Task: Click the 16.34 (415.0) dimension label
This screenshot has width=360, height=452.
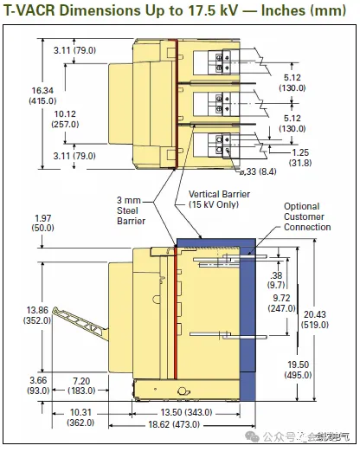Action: click(x=42, y=96)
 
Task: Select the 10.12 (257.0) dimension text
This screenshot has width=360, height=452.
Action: click(x=65, y=119)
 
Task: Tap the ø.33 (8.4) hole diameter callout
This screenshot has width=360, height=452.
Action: click(x=258, y=171)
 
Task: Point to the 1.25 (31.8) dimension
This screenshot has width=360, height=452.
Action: click(x=300, y=158)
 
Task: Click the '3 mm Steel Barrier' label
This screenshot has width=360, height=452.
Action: click(x=131, y=210)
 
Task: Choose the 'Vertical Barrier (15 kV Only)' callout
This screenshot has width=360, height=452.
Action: click(x=219, y=199)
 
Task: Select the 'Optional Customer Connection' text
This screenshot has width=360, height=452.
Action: click(x=307, y=216)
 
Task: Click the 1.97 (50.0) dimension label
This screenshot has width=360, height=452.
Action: click(x=42, y=223)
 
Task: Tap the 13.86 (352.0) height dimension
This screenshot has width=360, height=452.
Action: click(x=37, y=315)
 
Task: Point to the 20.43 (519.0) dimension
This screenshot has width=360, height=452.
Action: click(x=315, y=320)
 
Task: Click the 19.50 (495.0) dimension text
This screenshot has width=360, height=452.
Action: click(x=299, y=370)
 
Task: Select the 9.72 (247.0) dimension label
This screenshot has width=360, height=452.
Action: click(x=281, y=303)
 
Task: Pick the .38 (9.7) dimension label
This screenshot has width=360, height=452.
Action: click(x=276, y=281)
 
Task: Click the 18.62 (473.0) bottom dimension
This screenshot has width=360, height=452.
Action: click(x=174, y=424)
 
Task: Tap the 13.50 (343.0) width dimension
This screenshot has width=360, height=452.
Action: click(x=186, y=412)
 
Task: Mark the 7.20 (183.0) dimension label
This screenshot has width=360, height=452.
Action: click(x=81, y=386)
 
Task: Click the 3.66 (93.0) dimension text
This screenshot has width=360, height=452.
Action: click(x=38, y=385)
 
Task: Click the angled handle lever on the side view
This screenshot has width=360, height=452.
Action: click(x=80, y=323)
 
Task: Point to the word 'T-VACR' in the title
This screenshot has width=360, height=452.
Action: click(x=29, y=10)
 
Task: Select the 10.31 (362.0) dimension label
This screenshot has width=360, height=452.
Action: click(x=80, y=417)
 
